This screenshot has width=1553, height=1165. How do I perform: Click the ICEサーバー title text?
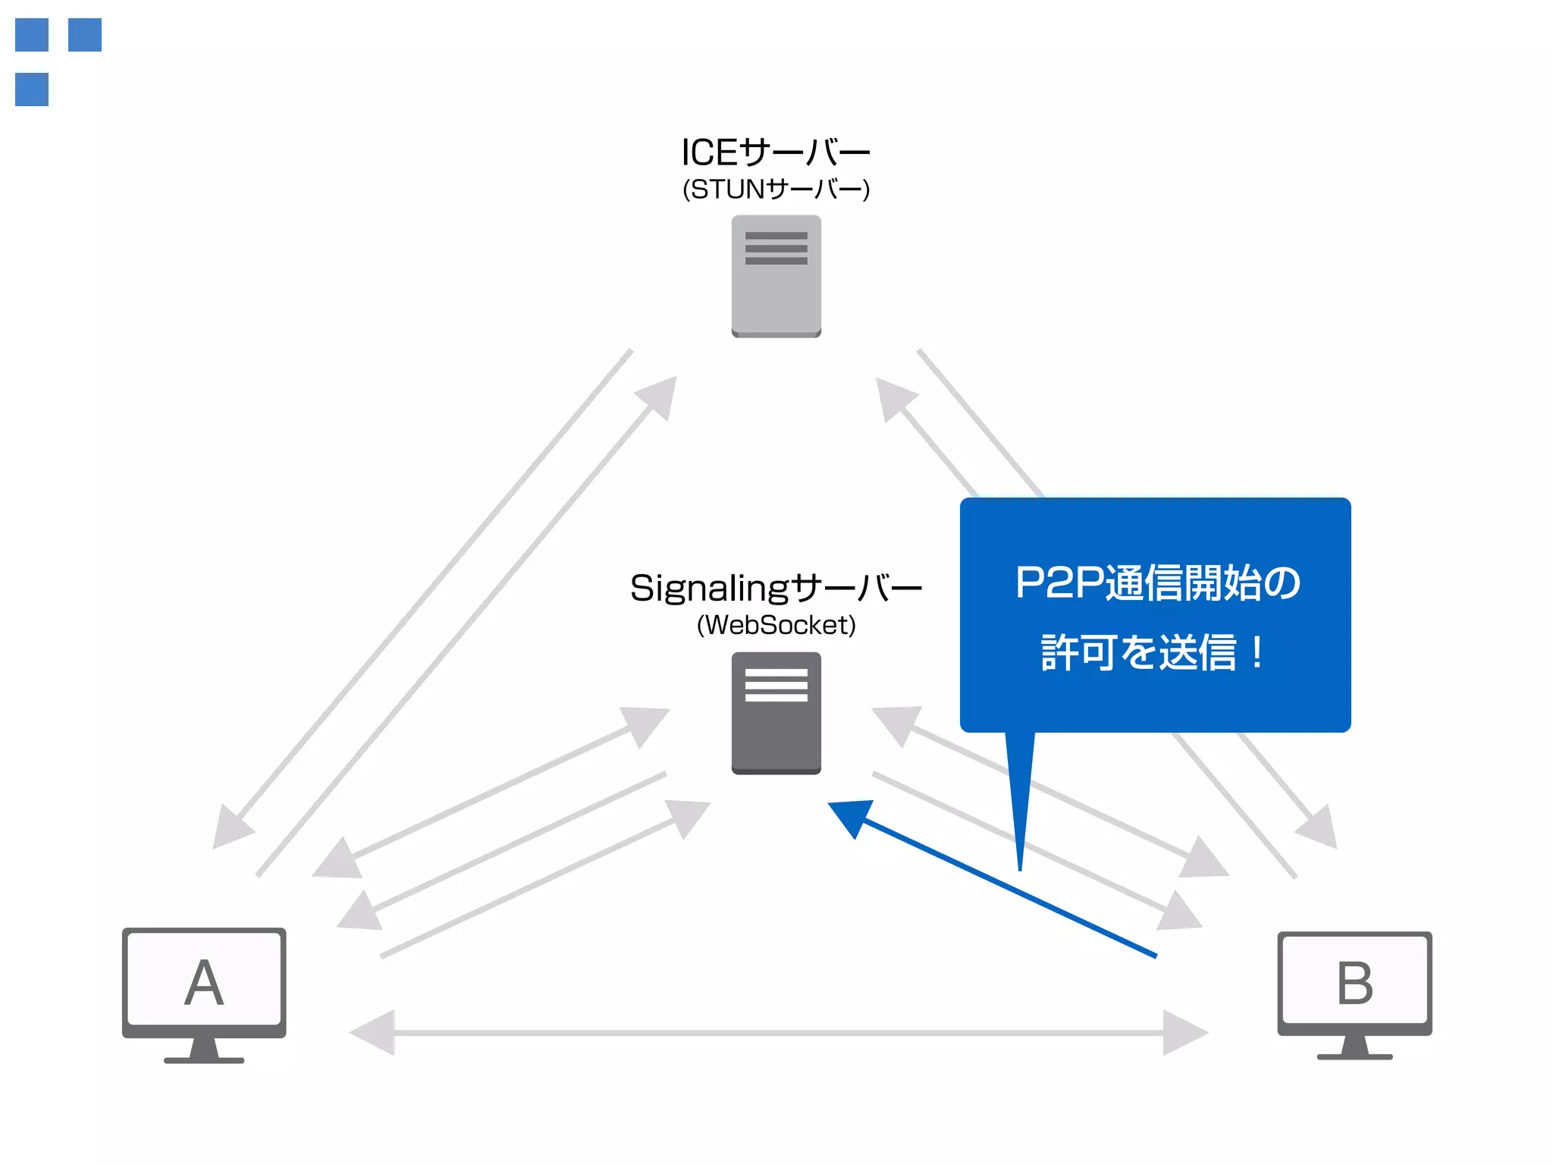[775, 152]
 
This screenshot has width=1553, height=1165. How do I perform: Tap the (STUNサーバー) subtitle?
[776, 189]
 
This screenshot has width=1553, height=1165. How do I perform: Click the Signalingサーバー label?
[775, 588]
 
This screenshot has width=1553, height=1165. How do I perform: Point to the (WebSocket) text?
[776, 625]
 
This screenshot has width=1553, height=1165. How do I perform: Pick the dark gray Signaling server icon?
[776, 728]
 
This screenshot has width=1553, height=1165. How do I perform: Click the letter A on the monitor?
[204, 983]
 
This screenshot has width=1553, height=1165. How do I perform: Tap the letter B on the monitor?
[1354, 983]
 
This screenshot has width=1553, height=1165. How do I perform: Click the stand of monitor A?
[204, 1050]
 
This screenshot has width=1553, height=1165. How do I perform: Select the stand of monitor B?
[1354, 1047]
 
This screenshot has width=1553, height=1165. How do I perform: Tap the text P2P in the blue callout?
[1059, 582]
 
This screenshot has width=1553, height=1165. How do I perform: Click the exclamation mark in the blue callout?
[1257, 652]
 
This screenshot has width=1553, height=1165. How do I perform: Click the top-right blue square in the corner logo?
[85, 35]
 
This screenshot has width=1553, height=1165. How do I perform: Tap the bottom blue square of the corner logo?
[32, 89]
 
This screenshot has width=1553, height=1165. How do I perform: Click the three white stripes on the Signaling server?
[776, 685]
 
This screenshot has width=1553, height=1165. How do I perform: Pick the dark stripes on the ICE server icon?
[776, 248]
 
